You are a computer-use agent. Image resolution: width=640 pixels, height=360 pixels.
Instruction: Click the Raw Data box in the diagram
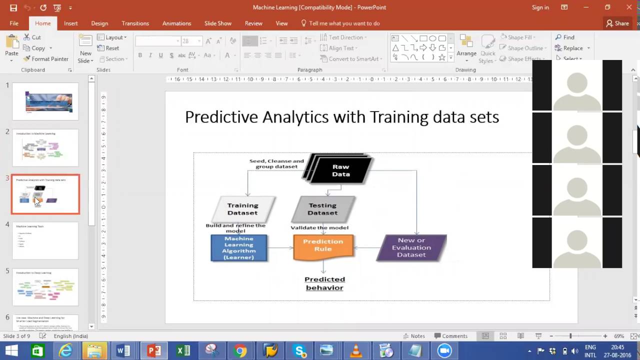[340, 170]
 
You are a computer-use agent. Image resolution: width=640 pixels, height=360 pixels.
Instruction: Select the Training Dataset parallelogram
[243, 209]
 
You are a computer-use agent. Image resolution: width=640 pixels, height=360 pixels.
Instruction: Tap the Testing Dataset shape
[322, 209]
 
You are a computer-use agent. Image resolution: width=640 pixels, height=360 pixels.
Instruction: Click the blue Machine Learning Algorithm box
[239, 248]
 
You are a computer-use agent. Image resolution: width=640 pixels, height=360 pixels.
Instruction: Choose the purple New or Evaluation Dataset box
[411, 247]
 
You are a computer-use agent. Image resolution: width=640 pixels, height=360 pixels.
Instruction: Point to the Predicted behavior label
[324, 283]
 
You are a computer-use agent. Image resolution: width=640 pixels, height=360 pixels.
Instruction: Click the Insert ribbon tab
[70, 23]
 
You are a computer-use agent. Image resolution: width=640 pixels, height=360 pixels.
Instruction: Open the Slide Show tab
[217, 23]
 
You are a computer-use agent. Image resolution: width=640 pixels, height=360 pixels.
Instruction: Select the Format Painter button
[46, 59]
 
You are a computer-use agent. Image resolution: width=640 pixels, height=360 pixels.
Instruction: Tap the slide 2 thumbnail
[45, 148]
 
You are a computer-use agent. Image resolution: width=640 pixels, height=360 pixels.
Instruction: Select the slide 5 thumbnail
[45, 287]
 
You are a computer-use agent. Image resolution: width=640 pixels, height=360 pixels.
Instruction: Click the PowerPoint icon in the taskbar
[154, 351]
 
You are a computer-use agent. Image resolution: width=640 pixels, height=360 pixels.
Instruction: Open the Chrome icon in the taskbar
[240, 351]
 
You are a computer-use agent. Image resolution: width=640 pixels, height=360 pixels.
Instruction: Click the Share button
[617, 23]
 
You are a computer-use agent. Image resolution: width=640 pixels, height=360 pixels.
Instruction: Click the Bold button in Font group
[140, 55]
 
